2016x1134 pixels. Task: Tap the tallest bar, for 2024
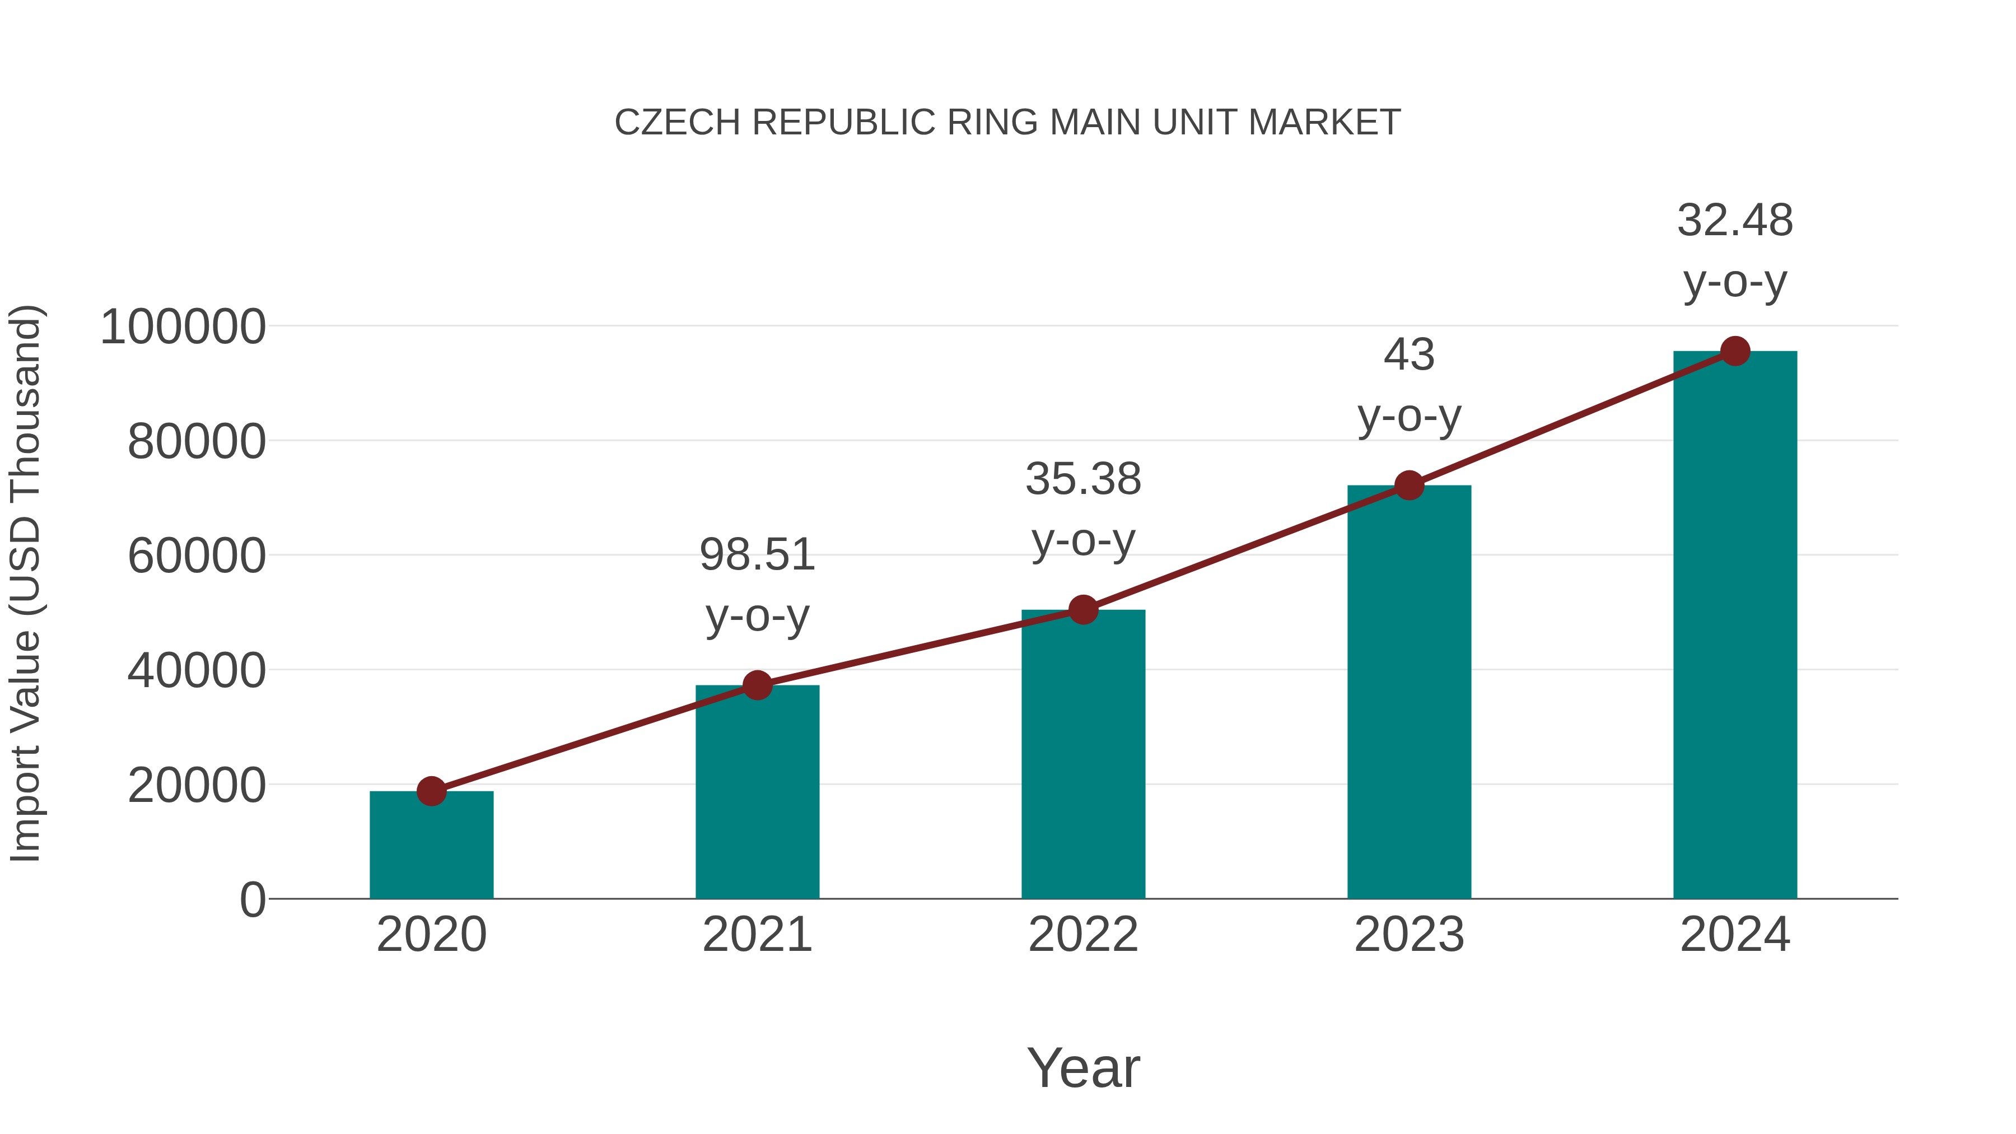1735,626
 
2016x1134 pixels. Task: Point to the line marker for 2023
1409,486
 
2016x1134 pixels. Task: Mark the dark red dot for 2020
431,791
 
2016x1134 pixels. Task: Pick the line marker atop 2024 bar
1735,351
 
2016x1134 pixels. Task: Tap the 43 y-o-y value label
1409,355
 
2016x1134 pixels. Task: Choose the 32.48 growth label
1735,221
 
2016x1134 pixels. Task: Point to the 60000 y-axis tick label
197,557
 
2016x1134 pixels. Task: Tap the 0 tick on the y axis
253,900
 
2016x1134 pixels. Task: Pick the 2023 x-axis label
1409,935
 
